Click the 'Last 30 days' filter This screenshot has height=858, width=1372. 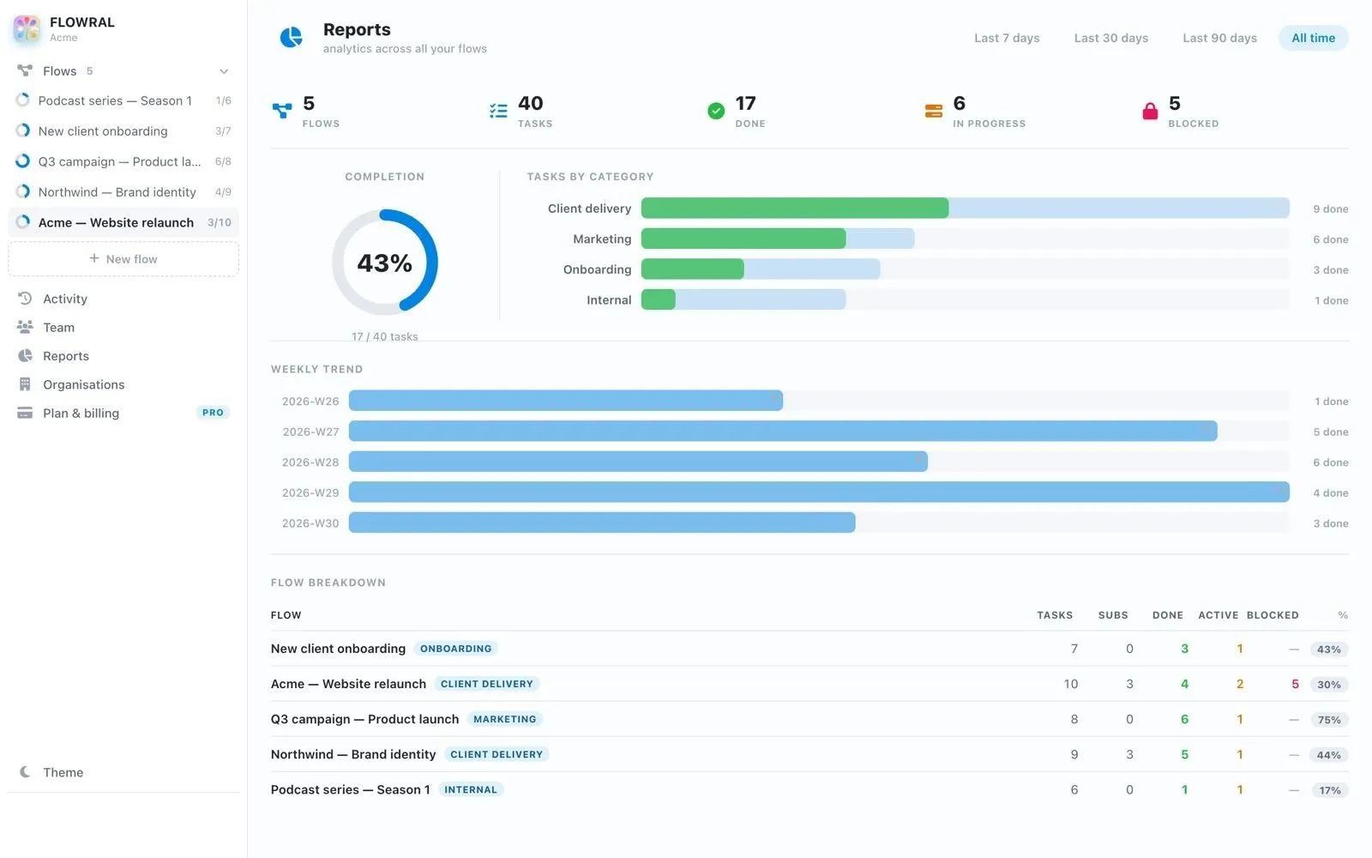1110,38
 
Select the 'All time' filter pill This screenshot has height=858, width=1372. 1313,38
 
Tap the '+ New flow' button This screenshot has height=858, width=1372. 123,258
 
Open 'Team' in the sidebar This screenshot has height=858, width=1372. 58,327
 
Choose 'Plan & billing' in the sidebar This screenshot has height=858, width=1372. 81,413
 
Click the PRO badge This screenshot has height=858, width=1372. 213,413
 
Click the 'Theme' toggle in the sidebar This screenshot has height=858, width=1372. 63,772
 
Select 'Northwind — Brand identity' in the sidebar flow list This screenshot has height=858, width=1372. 117,192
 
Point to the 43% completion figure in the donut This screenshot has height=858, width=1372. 385,263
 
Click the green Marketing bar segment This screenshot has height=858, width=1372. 743,239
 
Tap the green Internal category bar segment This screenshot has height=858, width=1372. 659,299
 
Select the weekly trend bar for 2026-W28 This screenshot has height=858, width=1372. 638,462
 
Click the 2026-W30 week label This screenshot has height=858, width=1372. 310,523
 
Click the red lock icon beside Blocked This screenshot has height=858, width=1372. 1150,111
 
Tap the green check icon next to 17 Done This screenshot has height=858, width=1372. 715,111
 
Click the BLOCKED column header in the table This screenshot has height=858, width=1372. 1273,615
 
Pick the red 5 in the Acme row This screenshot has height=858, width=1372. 1295,684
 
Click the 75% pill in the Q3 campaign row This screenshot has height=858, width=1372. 1328,720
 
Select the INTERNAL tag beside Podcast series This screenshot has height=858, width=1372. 471,789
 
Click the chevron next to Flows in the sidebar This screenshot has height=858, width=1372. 224,72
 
